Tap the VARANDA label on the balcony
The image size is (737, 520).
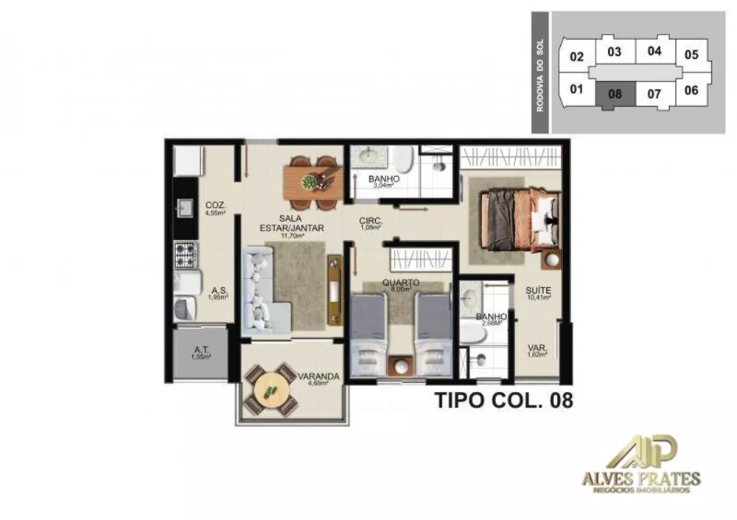tap(319, 376)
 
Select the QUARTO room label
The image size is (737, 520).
tap(401, 282)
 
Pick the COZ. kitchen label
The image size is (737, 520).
tap(215, 205)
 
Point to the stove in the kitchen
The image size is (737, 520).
tap(185, 255)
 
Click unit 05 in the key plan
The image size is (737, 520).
tap(691, 55)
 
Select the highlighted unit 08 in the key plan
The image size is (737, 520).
tap(616, 94)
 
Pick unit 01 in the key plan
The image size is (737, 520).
tap(576, 90)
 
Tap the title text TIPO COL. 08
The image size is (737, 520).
tap(503, 401)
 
